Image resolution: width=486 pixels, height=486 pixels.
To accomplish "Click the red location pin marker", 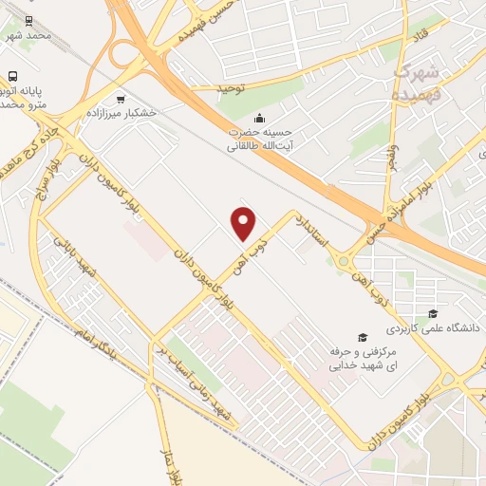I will point(244,223).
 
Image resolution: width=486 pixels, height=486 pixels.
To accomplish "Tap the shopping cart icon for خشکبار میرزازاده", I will point(120,99).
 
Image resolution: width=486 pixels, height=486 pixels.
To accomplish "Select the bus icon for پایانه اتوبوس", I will point(13,76).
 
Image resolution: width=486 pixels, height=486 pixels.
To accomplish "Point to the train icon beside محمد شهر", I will point(28,20).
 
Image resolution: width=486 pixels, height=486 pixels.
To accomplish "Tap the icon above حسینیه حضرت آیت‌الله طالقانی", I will point(234,118).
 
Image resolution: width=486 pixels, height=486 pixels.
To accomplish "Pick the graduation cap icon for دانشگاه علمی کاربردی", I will point(433,313).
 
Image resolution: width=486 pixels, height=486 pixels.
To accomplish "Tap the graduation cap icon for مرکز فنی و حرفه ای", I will point(361,337).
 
